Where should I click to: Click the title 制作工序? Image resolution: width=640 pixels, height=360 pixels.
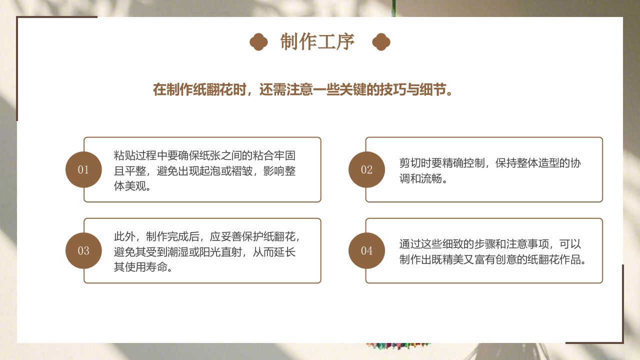pos(317,42)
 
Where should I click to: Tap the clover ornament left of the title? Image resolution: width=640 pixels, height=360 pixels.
pos(258,42)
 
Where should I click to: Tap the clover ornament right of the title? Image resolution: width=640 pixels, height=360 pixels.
pos(381,42)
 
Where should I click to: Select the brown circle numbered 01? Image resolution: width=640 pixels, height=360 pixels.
pos(83,169)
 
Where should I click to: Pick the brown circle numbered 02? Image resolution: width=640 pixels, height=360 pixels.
pos(366,169)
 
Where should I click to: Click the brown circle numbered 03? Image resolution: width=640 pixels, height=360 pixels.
pos(83,250)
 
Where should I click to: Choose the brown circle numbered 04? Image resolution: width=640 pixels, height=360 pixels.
pos(366,250)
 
